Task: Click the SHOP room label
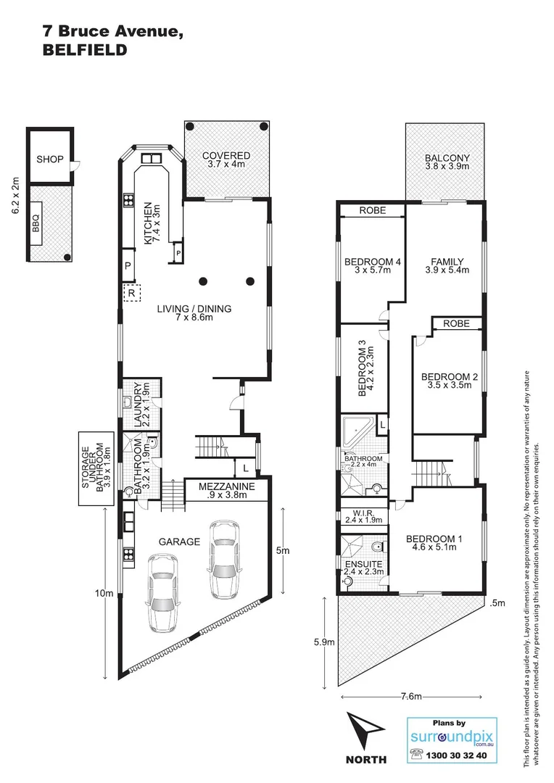(x=51, y=159)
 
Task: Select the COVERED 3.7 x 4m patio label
(x=226, y=160)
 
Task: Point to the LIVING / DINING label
(x=194, y=313)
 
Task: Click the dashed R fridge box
(x=131, y=294)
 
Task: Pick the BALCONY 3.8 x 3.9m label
(x=447, y=162)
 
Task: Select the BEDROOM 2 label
(x=450, y=381)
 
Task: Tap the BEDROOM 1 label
(x=431, y=544)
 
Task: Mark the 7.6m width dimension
(x=410, y=697)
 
